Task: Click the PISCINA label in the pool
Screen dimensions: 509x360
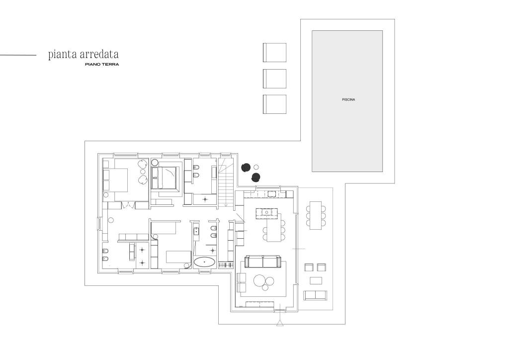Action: [x=348, y=99]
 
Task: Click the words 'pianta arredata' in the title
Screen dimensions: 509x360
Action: [x=84, y=54]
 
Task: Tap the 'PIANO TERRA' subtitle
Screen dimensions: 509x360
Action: [x=102, y=64]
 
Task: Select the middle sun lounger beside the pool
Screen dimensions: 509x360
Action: [x=274, y=78]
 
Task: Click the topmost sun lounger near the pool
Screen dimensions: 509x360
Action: [x=274, y=52]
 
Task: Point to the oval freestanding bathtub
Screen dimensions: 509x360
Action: [x=204, y=262]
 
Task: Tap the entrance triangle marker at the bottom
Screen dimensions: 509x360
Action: [x=279, y=323]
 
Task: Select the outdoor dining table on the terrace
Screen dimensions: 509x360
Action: [x=316, y=215]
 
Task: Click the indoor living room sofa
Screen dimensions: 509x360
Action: [x=262, y=262]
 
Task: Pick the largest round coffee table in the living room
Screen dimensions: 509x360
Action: [x=260, y=280]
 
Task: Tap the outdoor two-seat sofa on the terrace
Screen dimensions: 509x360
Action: [x=315, y=295]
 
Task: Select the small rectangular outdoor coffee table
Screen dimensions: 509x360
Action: [x=316, y=280]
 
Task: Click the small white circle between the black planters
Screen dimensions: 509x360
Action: [x=256, y=167]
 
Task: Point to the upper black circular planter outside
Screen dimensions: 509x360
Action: [x=246, y=167]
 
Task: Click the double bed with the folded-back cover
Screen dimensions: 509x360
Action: [x=165, y=177]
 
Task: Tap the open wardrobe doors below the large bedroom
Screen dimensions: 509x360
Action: [x=129, y=205]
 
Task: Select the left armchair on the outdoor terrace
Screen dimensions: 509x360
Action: [x=309, y=267]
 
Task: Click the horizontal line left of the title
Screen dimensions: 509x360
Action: [x=18, y=55]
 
